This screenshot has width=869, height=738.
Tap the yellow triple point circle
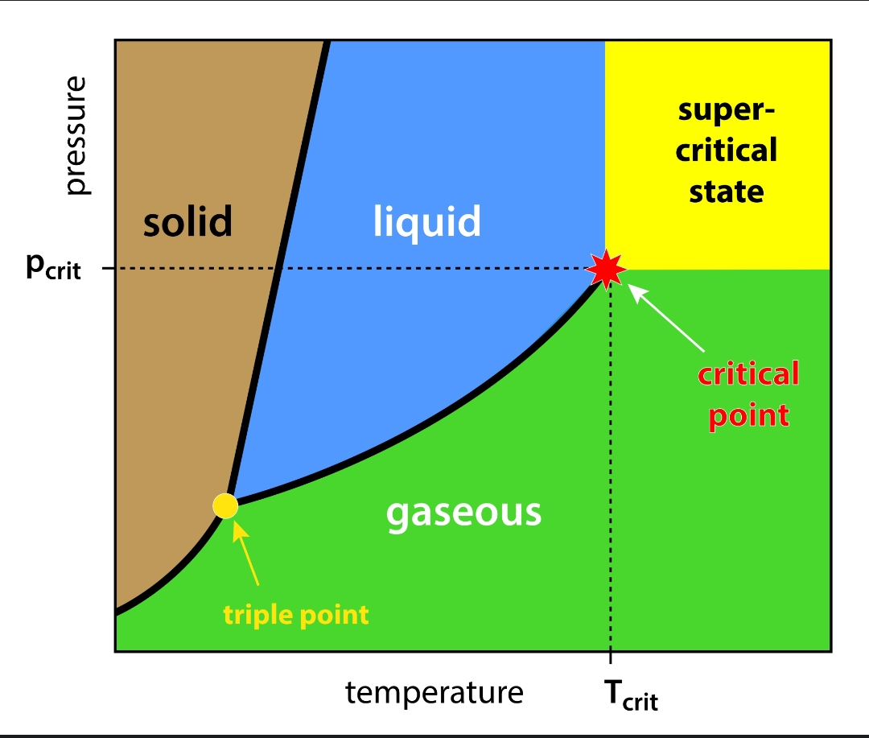tap(225, 505)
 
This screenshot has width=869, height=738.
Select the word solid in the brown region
tap(187, 221)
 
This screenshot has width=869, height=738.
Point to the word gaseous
tap(463, 512)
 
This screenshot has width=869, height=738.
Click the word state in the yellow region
tap(727, 192)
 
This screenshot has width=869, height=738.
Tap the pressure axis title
tap(77, 136)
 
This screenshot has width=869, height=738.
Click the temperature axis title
tap(434, 692)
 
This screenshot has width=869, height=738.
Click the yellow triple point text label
tap(296, 616)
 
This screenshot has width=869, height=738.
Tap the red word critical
tap(748, 374)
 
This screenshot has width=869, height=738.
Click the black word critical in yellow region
tap(727, 150)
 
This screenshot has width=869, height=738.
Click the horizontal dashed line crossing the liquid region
tap(434, 268)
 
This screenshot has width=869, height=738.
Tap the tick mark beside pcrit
tap(108, 268)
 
